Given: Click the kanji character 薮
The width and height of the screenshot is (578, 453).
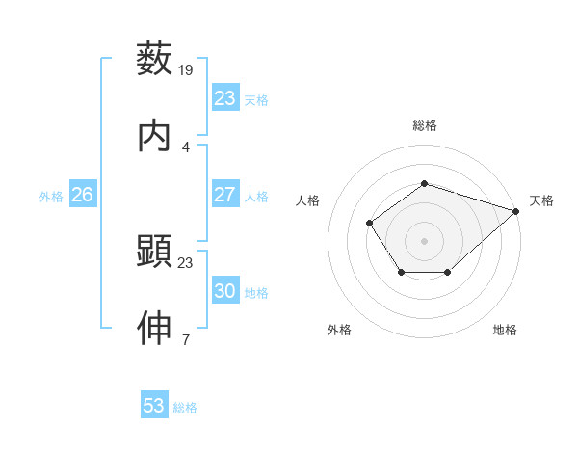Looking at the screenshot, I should coord(155,58).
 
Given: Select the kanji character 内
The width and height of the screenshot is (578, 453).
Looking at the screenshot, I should coord(155,136).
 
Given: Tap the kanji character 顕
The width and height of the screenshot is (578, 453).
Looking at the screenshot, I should coord(155,252).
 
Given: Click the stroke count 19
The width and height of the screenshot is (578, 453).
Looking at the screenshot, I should coord(186,69).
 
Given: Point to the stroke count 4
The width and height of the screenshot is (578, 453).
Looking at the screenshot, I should coord(186,147).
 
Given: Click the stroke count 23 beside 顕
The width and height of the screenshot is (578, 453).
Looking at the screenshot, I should coord(186,262).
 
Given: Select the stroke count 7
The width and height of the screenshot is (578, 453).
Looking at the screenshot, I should coord(186,339).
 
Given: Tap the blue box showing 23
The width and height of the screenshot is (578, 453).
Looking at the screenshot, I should coord(224,98).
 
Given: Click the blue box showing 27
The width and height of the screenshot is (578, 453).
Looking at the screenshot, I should coord(224,195).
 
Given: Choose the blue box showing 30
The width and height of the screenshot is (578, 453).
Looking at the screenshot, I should coord(224,291).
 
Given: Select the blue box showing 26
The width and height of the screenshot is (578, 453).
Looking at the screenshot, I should coord(82,195).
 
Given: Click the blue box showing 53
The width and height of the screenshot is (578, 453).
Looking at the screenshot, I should coord(154,406).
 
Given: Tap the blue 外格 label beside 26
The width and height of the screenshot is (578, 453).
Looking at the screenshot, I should coord(51,197).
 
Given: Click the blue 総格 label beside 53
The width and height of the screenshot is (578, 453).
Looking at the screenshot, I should coord(185,408).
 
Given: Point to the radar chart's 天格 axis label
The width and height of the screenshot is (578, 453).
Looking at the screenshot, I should coord(541,200).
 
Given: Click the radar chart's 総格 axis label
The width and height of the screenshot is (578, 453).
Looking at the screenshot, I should coord(424,125).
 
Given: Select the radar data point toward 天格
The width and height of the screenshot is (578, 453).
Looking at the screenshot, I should coord(516,210).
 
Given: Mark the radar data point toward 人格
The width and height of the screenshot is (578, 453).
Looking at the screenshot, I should coord(370,224).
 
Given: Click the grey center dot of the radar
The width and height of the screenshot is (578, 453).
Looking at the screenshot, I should coord(424,240).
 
